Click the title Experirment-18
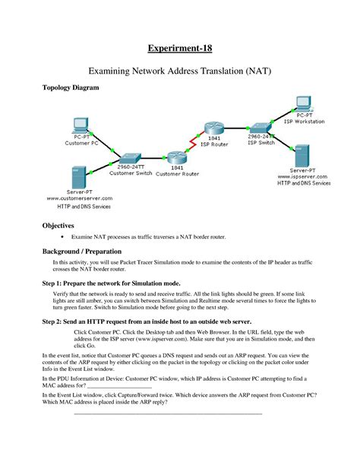click(180, 49)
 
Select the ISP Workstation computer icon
click(303, 103)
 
